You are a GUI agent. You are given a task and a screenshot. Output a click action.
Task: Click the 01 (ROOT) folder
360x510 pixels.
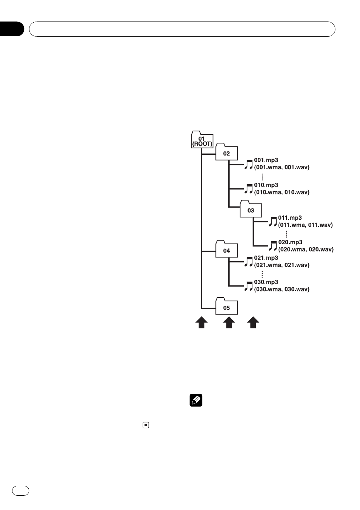202,140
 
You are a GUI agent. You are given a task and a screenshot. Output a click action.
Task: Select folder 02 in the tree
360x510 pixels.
226,152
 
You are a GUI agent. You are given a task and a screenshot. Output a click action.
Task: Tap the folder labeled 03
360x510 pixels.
251,209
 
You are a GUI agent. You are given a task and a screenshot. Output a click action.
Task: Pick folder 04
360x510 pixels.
226,249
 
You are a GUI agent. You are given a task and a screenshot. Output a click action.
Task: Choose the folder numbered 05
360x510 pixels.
226,306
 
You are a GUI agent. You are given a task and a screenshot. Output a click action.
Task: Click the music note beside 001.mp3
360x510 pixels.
249,164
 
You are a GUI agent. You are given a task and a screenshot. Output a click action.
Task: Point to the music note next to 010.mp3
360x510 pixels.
249,189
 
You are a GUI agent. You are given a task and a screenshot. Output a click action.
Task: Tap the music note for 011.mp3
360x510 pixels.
273,222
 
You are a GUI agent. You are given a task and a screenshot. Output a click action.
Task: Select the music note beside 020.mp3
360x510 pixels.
273,246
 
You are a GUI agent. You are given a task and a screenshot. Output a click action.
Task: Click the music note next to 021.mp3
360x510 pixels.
249,262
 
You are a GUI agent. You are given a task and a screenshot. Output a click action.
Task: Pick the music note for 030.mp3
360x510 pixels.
249,286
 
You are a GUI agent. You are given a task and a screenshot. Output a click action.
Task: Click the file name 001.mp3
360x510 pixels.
266,160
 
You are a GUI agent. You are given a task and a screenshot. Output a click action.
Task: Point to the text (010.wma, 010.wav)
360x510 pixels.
282,192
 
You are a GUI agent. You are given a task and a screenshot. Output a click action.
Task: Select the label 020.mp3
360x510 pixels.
290,242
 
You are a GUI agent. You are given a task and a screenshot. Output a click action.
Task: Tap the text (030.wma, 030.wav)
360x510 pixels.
282,290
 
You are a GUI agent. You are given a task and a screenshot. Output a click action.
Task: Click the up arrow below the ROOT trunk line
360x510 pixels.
202,322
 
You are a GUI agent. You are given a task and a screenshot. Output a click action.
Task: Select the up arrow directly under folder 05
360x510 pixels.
229,322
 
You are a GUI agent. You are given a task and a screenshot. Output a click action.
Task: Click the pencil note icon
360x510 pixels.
196,401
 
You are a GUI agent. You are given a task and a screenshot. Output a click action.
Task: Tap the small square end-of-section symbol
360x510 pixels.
146,425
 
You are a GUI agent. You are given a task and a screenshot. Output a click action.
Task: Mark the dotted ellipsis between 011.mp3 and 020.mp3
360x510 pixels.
286,234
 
